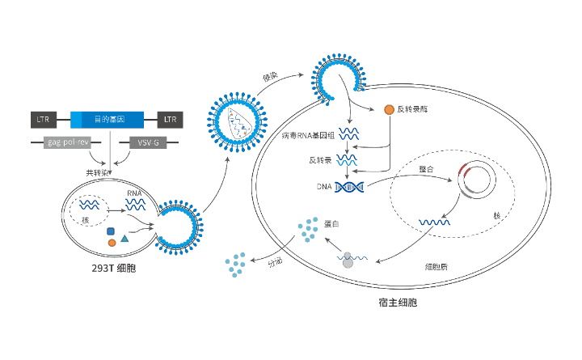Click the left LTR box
43,120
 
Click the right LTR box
170,120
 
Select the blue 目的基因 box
108,120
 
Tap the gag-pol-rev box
66,142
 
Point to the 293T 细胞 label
114,267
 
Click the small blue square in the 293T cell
110,231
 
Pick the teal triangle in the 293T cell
124,239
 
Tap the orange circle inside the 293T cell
112,243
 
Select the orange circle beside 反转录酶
389,109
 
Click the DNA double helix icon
350,187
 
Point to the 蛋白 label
331,222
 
